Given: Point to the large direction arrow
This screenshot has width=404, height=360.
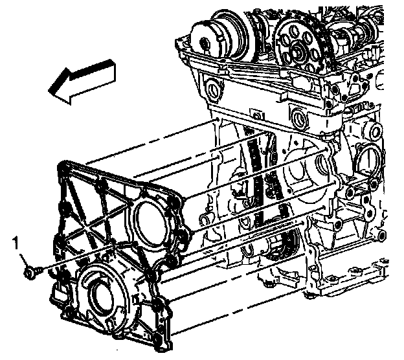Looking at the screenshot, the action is click(x=82, y=81).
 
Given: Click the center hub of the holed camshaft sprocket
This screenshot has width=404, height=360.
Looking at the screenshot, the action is click(x=298, y=51).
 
